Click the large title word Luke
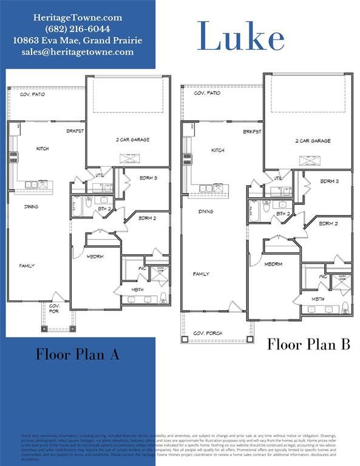pos(241,38)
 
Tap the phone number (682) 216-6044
pos(77,29)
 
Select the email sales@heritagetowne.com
pos(77,52)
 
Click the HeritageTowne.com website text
pos(77,18)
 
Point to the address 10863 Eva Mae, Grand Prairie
pos(77,41)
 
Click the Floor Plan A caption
pos(77,354)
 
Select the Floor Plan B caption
pos(308,345)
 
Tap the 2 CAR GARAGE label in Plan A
pos(132,140)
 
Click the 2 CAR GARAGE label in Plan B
pos(313,141)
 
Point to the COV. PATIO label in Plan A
pos(33,94)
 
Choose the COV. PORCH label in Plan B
pos(208,334)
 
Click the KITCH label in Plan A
pos(42,149)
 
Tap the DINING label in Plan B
pos(206,212)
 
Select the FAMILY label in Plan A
pos(27,266)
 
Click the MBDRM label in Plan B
pos(273,264)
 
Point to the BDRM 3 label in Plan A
pos(147,178)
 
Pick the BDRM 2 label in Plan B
pos(328,223)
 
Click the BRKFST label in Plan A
pos(75,130)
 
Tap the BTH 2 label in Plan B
pos(282,214)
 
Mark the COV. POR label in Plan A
pos(55,309)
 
